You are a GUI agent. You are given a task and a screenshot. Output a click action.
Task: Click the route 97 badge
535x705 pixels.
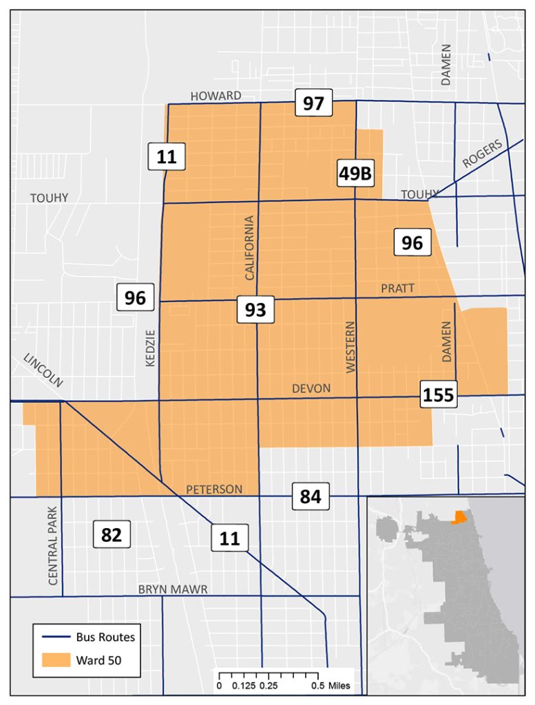(313, 104)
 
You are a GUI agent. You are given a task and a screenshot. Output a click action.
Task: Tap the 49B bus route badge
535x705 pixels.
(355, 174)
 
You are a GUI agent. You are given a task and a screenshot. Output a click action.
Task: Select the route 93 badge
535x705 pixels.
(255, 311)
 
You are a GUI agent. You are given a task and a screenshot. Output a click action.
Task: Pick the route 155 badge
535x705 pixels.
(439, 395)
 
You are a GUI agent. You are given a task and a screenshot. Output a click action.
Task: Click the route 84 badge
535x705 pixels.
(311, 496)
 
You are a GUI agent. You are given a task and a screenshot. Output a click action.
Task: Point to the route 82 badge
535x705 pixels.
(112, 535)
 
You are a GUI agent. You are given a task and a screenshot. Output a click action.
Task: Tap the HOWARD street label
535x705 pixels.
(216, 96)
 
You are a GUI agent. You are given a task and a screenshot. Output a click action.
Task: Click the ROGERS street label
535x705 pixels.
(482, 153)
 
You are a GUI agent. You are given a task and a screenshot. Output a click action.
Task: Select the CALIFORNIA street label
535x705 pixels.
(250, 247)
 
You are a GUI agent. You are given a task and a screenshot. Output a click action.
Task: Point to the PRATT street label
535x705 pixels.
(398, 288)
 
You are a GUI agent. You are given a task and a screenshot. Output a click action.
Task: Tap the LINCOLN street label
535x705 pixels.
(43, 370)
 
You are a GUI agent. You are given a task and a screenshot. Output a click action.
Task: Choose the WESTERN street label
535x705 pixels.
(351, 347)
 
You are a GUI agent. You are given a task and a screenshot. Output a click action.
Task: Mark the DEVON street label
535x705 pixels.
(311, 388)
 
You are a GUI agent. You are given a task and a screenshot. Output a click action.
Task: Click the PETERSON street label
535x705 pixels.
(214, 490)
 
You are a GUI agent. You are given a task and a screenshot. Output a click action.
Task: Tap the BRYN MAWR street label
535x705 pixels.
(173, 589)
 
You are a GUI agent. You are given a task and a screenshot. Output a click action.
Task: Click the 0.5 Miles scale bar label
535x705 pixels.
(334, 686)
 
